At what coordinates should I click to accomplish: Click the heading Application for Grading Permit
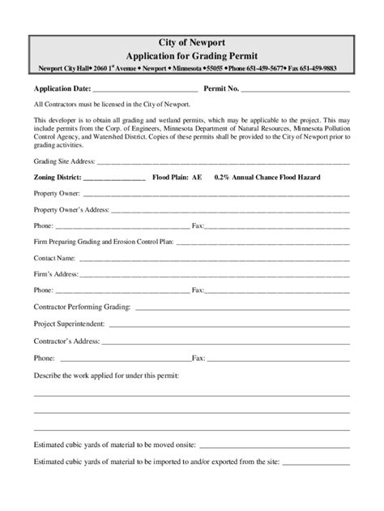point(192,55)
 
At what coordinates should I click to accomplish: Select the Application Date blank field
point(146,88)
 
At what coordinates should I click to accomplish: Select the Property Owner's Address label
point(71,208)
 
